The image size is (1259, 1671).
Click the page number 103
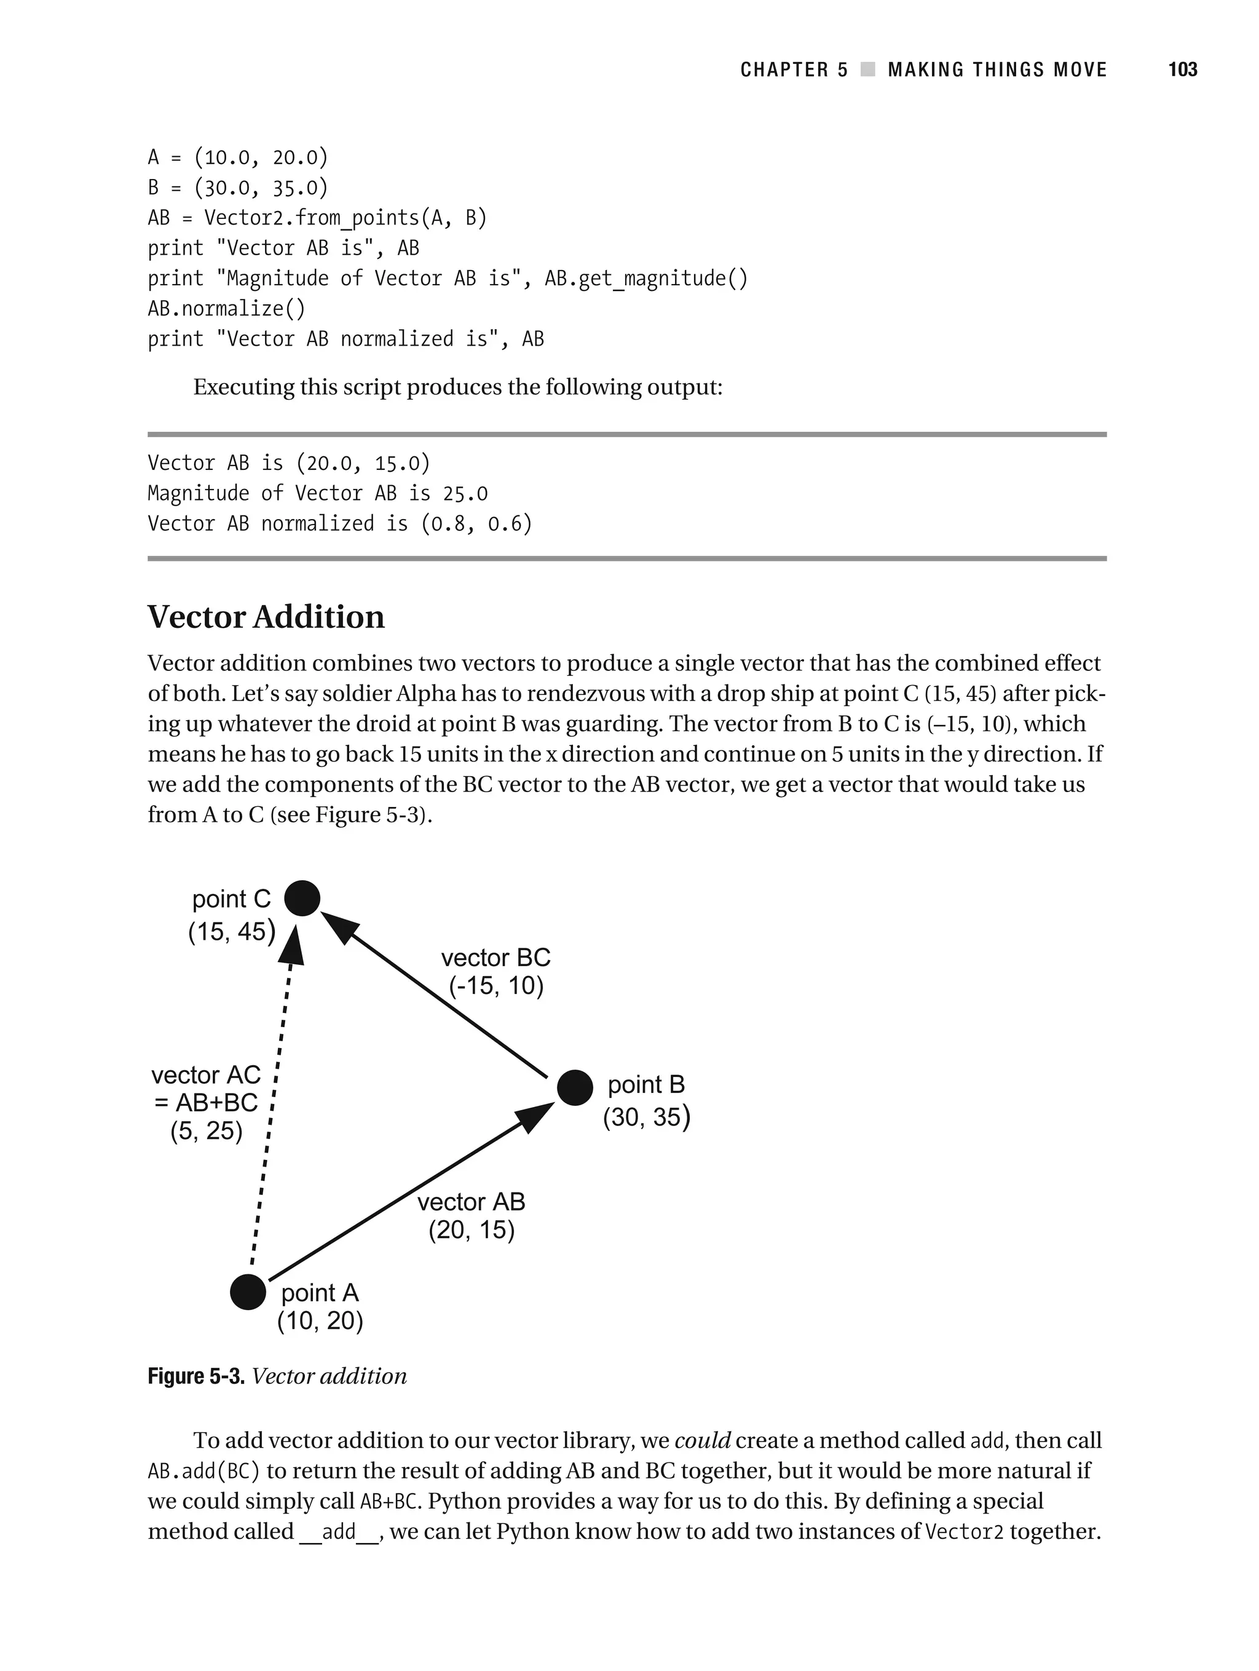(1182, 69)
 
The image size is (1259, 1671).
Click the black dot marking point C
(302, 898)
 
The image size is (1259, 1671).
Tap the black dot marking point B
(575, 1088)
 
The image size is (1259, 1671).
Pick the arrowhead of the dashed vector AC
(291, 944)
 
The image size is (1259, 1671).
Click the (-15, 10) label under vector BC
(496, 986)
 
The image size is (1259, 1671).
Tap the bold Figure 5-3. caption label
(196, 1376)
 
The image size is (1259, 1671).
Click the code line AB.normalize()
(227, 309)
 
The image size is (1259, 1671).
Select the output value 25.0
(465, 494)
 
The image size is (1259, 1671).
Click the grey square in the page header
(868, 69)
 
